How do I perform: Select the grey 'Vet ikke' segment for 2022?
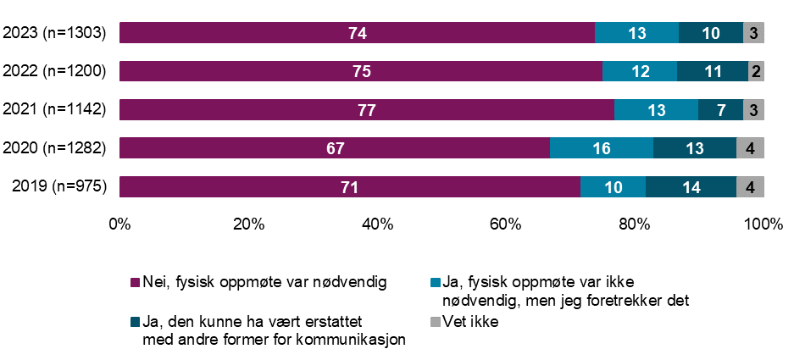click(756, 71)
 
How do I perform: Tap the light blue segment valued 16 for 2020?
click(602, 148)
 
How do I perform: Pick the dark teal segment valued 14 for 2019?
click(691, 186)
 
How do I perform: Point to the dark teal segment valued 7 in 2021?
click(720, 110)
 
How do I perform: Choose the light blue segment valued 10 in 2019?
click(613, 186)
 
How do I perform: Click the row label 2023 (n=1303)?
click(54, 33)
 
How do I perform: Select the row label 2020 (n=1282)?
click(54, 148)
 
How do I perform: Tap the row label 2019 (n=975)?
click(58, 186)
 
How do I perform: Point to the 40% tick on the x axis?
click(377, 224)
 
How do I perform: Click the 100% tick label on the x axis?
click(763, 224)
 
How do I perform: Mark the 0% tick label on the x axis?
click(119, 224)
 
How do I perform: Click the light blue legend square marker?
click(436, 282)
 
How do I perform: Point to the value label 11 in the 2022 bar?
click(712, 71)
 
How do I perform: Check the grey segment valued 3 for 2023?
click(753, 33)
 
